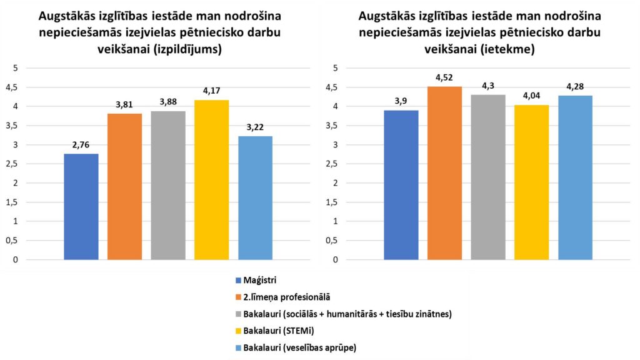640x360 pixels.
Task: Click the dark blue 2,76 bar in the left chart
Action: [81, 206]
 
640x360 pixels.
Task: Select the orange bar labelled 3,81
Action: [124, 186]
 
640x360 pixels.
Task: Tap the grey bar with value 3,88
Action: [168, 185]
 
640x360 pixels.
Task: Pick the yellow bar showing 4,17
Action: [211, 179]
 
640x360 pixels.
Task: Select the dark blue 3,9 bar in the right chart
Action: [401, 184]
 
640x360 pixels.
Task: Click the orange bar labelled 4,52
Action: [444, 172]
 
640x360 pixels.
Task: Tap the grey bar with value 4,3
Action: [488, 177]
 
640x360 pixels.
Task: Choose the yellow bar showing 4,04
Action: [531, 182]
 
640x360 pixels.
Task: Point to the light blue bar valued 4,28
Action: [575, 177]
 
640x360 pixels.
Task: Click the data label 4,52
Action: [444, 78]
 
